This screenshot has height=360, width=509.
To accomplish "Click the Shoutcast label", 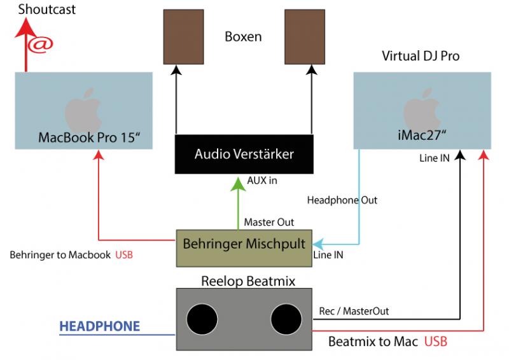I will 47,10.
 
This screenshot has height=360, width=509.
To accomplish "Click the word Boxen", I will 243,36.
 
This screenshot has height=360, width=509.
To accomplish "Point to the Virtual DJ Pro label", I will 421,56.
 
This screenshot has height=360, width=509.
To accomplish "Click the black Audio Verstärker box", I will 244,154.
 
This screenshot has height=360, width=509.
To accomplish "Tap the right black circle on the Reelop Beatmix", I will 286,318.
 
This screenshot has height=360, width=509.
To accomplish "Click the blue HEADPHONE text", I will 99,327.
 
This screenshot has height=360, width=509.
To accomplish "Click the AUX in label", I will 262,181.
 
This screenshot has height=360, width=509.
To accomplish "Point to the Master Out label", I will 268,222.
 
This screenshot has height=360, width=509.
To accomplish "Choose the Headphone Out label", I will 342,200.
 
